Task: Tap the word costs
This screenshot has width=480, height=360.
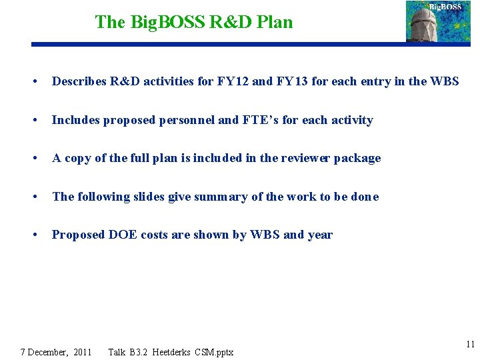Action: point(156,235)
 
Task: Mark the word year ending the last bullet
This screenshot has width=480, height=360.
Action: point(319,235)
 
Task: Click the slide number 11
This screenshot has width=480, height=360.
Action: point(471,345)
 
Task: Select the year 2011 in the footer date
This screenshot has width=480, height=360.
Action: point(83,351)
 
